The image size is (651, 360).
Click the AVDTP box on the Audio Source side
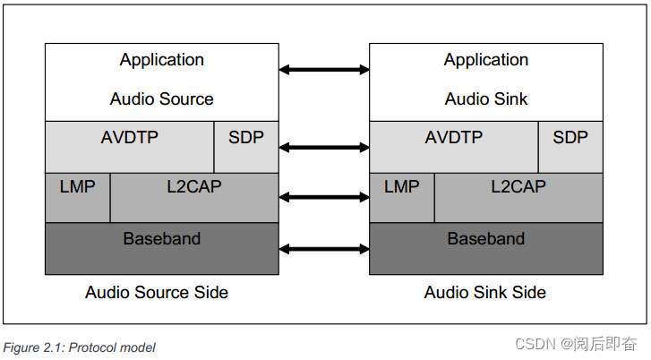pos(130,146)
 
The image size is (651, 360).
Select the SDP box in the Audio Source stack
pos(246,146)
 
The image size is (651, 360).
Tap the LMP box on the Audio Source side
pos(78,197)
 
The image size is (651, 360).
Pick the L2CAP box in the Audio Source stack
pos(194,197)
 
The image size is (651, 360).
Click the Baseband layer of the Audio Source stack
pos(162,248)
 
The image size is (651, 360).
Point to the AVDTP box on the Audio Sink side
pos(454,146)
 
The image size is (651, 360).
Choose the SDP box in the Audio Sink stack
pos(570,146)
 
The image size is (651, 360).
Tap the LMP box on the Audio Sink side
pos(402,197)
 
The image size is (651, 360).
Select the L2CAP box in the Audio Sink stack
pos(518,197)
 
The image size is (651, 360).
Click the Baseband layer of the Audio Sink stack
pos(486,248)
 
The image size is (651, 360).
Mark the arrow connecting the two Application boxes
pos(324,69)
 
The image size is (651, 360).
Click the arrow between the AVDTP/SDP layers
pos(324,146)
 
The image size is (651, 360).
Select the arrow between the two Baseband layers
pos(324,248)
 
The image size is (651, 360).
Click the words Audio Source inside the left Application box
pos(162,99)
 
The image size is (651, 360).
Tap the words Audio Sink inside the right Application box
pos(486,99)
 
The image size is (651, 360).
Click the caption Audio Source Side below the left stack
pos(157,293)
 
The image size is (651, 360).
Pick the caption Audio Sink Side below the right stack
pos(484,293)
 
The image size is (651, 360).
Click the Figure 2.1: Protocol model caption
pos(80,347)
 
